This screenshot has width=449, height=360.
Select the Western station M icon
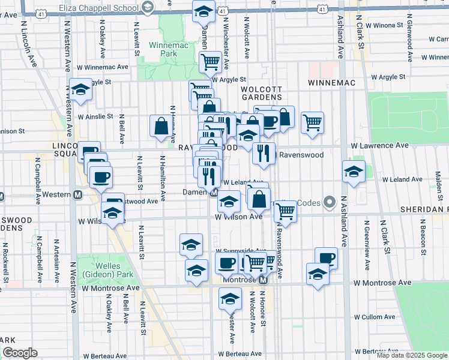[x=77, y=195]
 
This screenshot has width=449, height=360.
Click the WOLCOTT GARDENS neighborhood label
[x=261, y=93]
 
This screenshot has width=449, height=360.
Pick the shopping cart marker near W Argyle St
[x=210, y=61]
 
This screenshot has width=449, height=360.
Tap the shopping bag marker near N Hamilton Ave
[x=161, y=126]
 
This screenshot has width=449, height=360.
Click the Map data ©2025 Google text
[x=412, y=355]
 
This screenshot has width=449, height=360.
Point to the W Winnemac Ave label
[x=103, y=67]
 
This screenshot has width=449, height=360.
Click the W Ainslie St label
[x=95, y=116]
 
